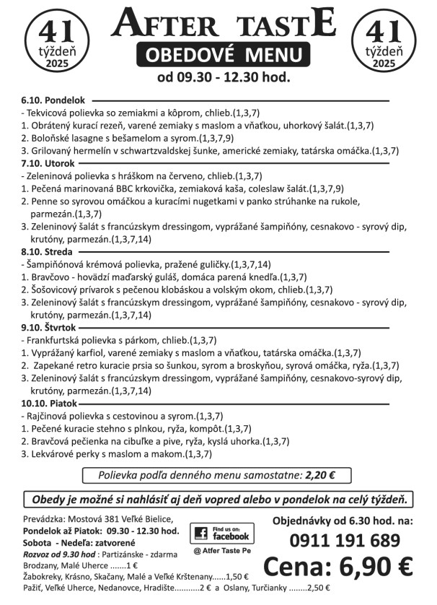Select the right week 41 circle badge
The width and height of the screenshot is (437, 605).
point(384,43)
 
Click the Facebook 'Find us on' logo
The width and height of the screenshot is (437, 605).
point(222,534)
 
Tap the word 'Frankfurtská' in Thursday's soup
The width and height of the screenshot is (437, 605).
point(55,339)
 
